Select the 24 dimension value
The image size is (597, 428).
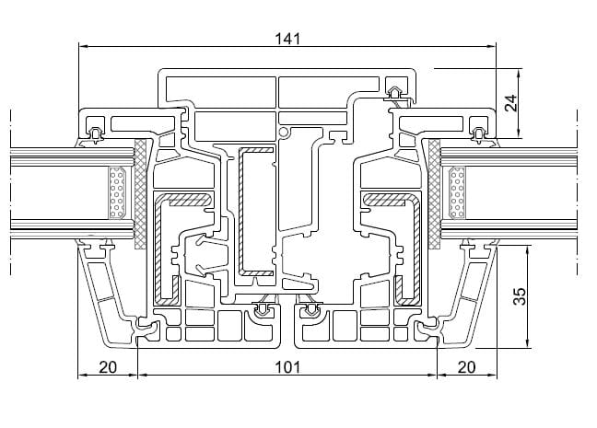coord(513,102)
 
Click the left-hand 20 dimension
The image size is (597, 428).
coord(107,367)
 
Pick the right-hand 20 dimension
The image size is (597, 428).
coord(466,367)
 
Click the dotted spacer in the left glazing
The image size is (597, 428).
coord(117,194)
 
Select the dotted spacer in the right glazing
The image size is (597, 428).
coord(456,194)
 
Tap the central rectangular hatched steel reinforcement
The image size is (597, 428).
coord(257,212)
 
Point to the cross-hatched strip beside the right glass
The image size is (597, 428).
coord(433,194)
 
